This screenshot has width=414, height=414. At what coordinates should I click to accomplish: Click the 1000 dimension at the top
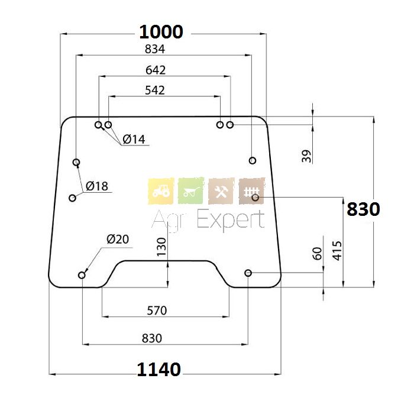click(x=160, y=32)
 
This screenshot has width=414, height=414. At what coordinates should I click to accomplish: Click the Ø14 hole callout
click(x=134, y=140)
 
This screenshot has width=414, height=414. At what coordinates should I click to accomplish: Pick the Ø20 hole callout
click(x=118, y=239)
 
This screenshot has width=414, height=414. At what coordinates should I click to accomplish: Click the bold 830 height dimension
click(x=363, y=209)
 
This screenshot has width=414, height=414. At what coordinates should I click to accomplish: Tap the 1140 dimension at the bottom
click(x=159, y=370)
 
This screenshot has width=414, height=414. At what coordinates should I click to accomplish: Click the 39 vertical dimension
click(x=306, y=156)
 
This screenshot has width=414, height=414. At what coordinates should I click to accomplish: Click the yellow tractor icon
click(x=160, y=191)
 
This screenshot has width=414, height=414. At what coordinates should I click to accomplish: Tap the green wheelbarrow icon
click(x=190, y=191)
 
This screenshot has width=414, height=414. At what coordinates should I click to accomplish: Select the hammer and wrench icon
click(x=221, y=191)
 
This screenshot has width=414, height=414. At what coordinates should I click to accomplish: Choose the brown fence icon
click(x=251, y=191)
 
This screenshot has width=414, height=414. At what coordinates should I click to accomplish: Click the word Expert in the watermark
click(x=230, y=220)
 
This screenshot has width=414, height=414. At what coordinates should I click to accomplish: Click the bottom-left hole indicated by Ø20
click(x=82, y=275)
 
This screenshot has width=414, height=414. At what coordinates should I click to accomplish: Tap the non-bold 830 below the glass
click(x=152, y=338)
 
